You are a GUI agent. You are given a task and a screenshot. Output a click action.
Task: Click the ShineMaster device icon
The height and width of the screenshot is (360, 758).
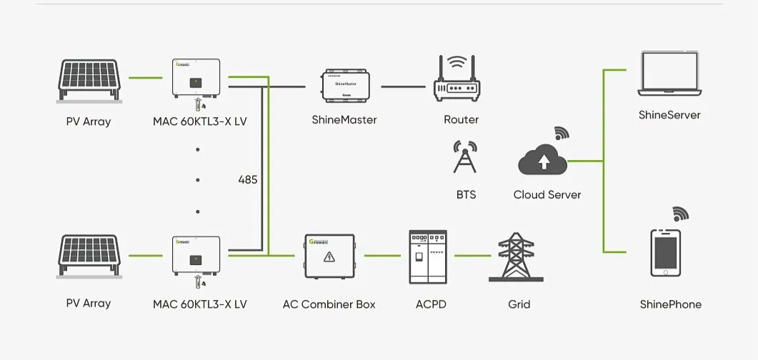(x=346, y=87)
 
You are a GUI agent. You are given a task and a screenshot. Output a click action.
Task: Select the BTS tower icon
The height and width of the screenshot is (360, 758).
(x=465, y=156)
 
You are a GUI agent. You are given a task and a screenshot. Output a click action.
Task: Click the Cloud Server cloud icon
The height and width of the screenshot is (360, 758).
(x=542, y=159)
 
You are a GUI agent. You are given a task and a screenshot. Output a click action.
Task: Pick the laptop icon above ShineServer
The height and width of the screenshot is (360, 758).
(x=669, y=74)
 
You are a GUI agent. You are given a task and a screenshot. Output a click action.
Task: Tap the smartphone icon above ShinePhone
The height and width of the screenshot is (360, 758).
(x=665, y=253)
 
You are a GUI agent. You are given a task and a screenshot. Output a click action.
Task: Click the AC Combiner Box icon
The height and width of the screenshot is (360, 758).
(x=329, y=256)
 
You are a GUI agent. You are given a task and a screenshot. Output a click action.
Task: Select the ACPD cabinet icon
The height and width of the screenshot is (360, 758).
(x=428, y=256)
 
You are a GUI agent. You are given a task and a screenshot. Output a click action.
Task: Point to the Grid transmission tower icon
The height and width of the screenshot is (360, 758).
(x=516, y=256)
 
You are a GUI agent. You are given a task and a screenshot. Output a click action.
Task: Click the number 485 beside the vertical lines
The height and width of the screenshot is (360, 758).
(x=247, y=180)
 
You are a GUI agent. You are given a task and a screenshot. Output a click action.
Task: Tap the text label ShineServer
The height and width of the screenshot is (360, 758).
(x=669, y=115)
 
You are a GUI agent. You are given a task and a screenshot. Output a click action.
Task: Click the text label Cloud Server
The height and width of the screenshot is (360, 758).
(x=547, y=195)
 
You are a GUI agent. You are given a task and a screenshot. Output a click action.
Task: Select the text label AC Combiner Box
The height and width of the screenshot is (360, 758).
(x=329, y=304)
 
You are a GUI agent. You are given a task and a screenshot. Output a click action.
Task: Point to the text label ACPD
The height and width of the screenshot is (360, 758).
(x=431, y=304)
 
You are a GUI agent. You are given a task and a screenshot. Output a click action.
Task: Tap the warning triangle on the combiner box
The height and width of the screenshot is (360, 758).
(x=329, y=256)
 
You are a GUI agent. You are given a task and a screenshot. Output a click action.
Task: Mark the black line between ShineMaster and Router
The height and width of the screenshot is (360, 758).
(x=403, y=87)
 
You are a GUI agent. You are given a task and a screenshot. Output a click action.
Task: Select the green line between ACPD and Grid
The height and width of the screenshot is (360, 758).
(x=472, y=256)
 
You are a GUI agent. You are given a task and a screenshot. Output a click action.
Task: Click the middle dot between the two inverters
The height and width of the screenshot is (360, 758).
(x=198, y=180)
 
